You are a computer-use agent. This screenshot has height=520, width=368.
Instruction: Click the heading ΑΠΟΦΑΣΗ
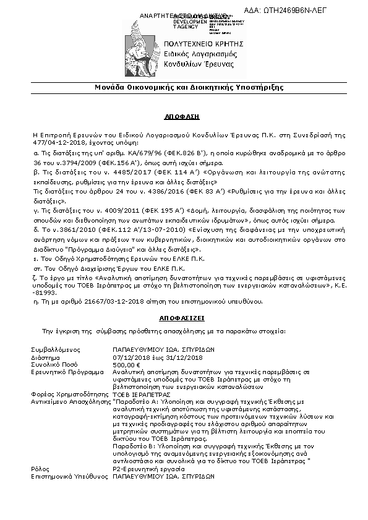tap(184, 116)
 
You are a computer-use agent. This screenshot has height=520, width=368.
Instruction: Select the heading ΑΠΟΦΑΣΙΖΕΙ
tap(183, 315)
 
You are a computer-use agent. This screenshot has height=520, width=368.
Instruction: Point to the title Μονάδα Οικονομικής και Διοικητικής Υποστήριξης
tap(184, 87)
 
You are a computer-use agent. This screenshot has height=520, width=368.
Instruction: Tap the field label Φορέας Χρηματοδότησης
tap(69, 393)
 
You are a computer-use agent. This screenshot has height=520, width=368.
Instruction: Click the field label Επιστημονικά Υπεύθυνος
tap(69, 477)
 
